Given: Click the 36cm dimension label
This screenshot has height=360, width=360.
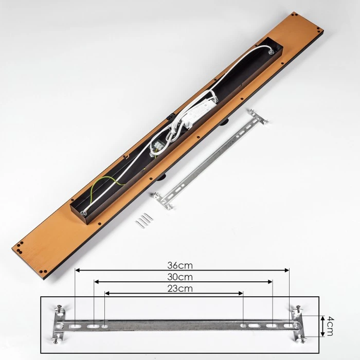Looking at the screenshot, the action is coord(180,265).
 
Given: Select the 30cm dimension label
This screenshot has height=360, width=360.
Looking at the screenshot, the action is coord(180,277).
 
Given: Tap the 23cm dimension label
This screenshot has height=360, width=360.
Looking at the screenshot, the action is coord(180,289).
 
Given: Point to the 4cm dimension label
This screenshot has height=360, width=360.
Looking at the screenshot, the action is coord(330,326).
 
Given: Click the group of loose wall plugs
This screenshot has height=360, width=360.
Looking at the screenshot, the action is coord(144,220).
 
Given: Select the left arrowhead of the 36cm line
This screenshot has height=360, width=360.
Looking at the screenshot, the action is coord(78,270).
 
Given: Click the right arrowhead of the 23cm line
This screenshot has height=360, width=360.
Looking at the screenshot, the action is coord(241,293).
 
